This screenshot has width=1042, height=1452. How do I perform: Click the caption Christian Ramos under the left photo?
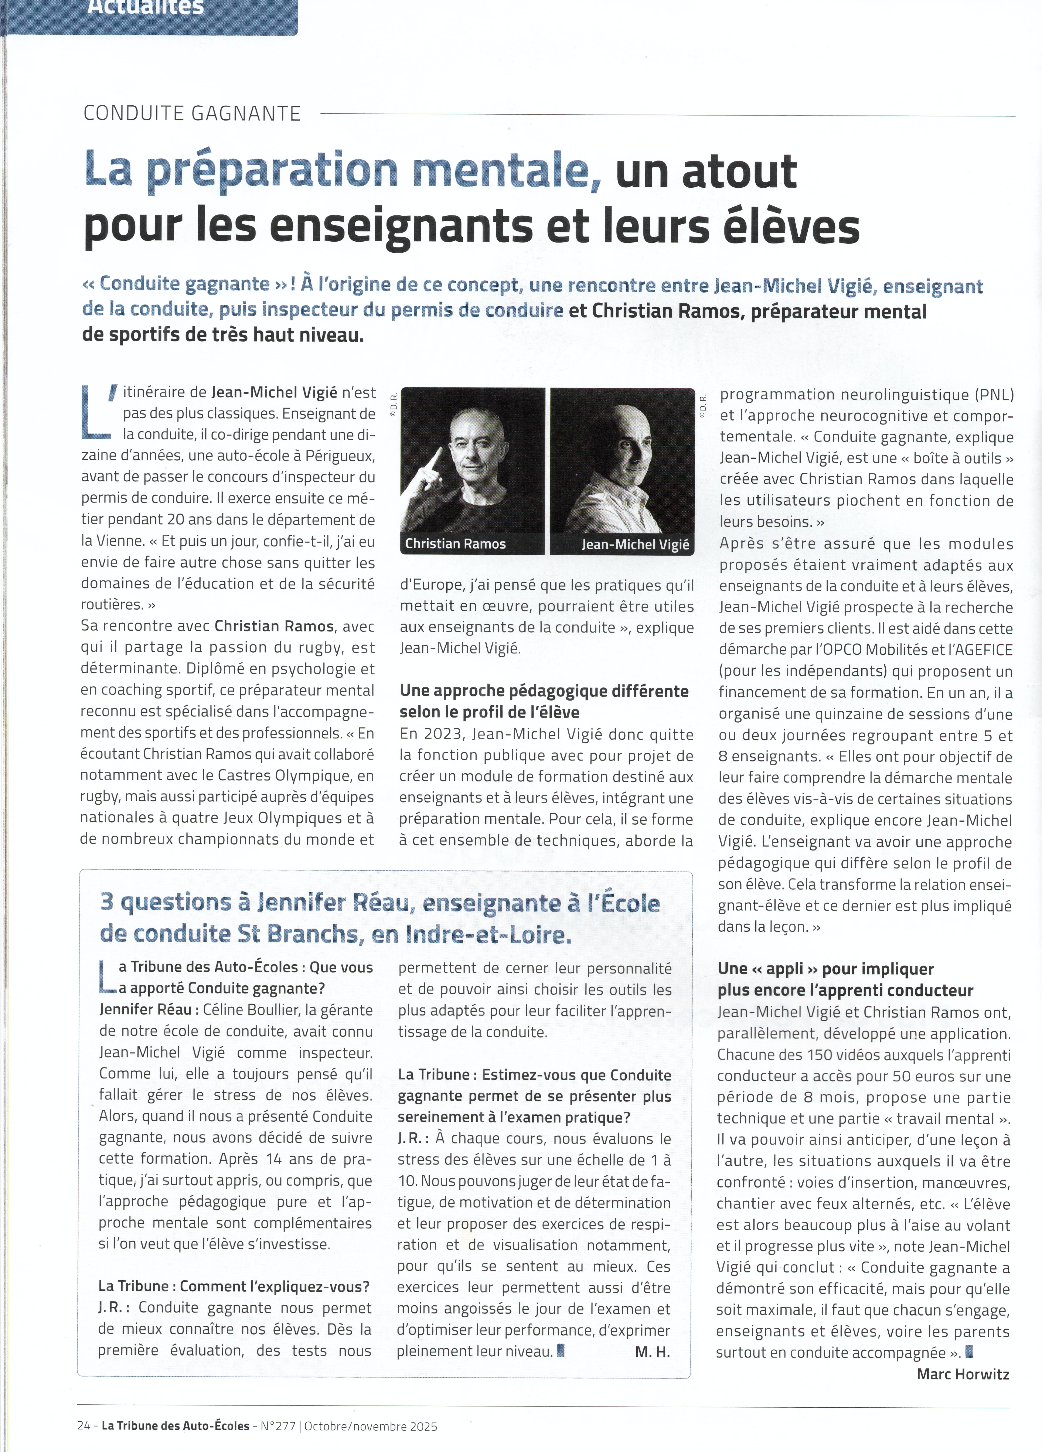(x=455, y=543)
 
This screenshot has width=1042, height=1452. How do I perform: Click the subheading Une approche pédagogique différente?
(x=544, y=691)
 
